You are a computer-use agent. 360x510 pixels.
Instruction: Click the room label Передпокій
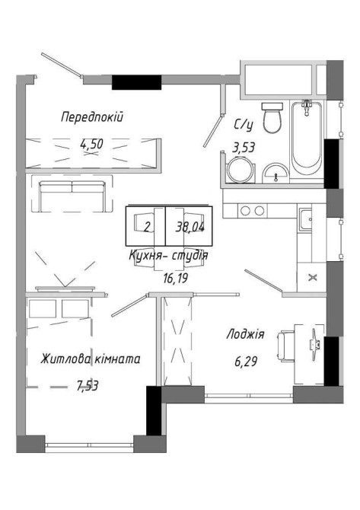coord(92,116)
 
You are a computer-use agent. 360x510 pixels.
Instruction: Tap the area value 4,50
coord(91,143)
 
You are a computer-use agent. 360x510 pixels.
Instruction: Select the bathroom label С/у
coord(243,125)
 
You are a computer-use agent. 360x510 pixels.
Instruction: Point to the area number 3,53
coord(243,148)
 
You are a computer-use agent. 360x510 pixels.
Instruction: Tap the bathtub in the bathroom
coord(307,138)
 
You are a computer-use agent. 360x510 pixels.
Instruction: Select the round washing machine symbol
coord(240,170)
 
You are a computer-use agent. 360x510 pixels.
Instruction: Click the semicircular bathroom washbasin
coord(276,173)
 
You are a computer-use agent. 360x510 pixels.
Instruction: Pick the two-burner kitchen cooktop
coord(253,211)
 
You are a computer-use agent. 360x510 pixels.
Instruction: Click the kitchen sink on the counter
coord(306,219)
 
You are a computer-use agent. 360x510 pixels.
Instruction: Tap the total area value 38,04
coord(190,228)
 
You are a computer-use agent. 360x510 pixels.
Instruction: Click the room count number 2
coord(148,227)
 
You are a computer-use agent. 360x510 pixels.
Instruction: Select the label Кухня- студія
coord(168,255)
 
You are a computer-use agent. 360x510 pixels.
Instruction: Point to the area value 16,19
coord(176,278)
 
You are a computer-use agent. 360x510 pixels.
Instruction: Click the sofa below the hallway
coord(72,196)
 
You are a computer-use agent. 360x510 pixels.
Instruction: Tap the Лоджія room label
coord(246,334)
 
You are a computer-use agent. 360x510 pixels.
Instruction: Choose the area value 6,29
coord(246,361)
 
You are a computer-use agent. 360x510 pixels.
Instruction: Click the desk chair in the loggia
coord(286,345)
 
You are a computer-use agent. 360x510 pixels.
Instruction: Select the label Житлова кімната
coord(91,359)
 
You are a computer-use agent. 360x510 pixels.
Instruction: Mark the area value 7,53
coord(88,386)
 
